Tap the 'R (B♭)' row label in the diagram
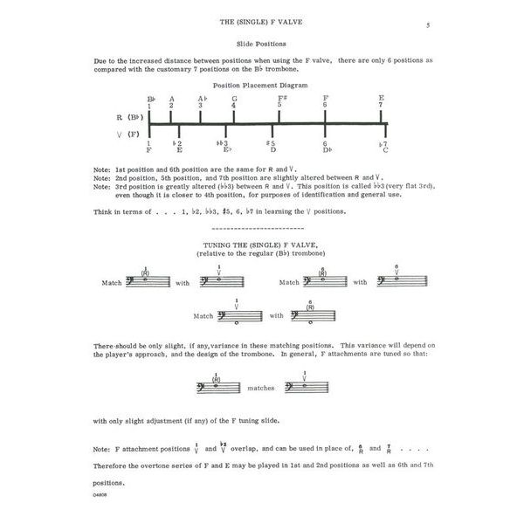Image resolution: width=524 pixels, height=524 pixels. tap(128, 116)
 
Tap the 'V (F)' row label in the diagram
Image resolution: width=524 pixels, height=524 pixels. tap(128, 134)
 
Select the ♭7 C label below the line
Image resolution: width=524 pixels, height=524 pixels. tap(384, 146)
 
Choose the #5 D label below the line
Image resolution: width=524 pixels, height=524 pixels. tap(272, 146)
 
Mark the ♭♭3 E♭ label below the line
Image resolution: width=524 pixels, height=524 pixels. tap(224, 146)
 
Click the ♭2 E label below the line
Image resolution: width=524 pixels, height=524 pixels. tap(178, 146)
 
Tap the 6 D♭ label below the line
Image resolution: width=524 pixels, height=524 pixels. tap(325, 146)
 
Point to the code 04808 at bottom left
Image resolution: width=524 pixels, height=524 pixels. tap(99, 496)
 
